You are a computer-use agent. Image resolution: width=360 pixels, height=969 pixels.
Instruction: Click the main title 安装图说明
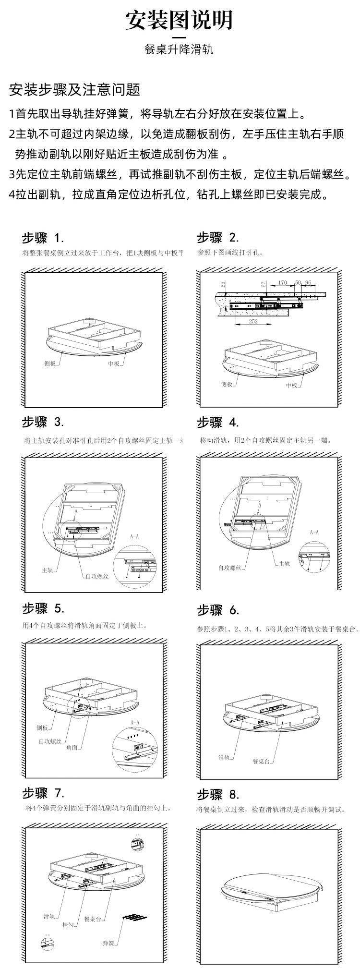click(179, 21)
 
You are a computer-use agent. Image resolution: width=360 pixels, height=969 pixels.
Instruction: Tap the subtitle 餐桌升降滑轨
click(179, 49)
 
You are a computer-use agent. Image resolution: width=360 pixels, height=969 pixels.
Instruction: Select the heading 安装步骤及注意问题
click(74, 89)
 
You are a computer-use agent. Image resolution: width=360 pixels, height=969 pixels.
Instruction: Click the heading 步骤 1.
click(43, 238)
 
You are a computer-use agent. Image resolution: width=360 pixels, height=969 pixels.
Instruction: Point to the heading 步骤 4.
click(218, 423)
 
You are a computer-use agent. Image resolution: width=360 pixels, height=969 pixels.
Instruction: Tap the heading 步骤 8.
click(218, 794)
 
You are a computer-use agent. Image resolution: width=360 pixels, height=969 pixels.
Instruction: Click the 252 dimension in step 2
click(253, 321)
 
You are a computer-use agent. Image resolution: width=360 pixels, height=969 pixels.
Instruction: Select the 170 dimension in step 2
click(282, 283)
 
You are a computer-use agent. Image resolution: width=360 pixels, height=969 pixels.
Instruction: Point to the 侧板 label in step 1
click(50, 363)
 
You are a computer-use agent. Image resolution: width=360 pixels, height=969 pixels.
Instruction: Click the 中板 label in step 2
click(291, 385)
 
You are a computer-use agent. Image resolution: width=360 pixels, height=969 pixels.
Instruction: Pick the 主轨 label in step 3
click(47, 570)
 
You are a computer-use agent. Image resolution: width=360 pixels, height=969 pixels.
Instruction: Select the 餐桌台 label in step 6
click(262, 762)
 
